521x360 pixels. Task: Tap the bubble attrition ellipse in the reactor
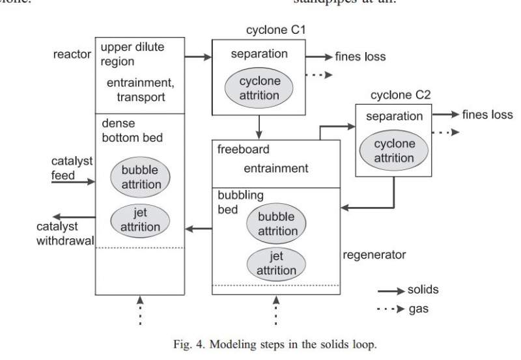(140, 176)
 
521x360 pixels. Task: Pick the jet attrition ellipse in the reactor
(140, 220)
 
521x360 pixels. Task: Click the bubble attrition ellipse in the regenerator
(276, 223)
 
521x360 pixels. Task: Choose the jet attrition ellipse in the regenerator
(276, 263)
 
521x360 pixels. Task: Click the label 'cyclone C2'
(401, 95)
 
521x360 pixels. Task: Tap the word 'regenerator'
(374, 255)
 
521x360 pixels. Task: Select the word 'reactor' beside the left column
(72, 54)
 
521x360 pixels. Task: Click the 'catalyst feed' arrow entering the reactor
(74, 182)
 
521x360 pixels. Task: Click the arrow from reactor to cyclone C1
(198, 57)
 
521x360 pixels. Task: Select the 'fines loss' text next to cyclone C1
(360, 57)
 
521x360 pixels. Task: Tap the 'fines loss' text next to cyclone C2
(488, 115)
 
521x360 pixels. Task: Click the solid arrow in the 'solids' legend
(391, 290)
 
